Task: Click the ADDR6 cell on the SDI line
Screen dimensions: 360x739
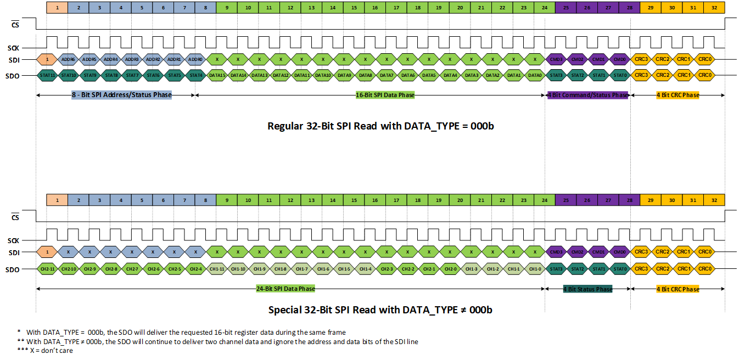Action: coord(68,59)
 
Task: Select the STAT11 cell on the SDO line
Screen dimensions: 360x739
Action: coord(47,75)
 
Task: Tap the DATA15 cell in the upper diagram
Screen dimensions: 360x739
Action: coord(217,75)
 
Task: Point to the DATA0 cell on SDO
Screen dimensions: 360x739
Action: coord(534,75)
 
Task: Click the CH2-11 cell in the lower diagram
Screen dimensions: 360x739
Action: coord(47,269)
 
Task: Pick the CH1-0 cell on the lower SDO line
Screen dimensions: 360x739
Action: coord(534,269)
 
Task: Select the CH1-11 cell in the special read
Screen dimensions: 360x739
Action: coord(217,269)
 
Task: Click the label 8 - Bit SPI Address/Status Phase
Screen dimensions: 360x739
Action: coord(121,95)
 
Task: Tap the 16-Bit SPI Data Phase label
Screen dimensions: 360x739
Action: coord(385,95)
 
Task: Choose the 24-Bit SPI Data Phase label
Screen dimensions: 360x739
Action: coord(285,289)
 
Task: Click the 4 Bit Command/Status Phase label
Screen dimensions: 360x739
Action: coord(587,95)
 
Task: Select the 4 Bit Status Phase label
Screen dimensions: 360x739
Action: coord(587,289)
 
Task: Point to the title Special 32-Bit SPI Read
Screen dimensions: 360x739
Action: coord(380,310)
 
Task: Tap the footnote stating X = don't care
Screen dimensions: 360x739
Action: coord(45,351)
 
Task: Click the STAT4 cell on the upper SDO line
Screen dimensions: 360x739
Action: coord(195,75)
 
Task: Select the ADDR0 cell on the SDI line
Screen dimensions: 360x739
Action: coord(195,59)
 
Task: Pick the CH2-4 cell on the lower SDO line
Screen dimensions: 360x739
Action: coord(195,269)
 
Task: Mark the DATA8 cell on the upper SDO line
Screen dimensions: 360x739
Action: coord(365,75)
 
